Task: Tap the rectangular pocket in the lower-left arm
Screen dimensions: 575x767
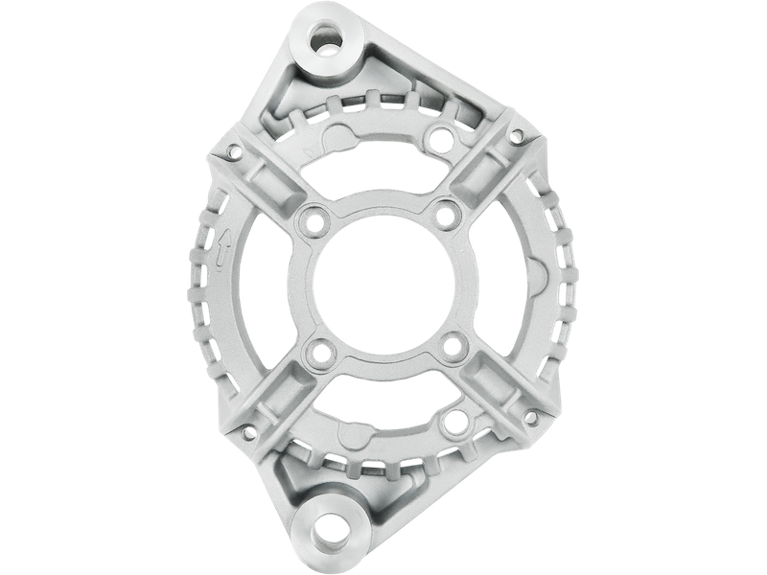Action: click(270, 392)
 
